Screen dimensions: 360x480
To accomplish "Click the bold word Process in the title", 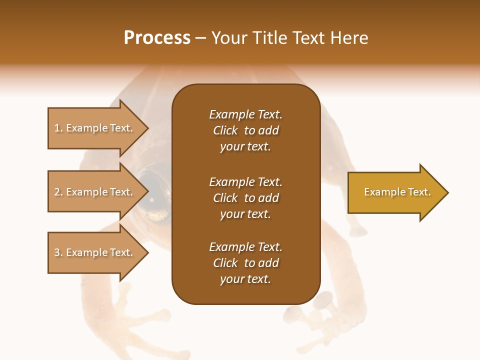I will [x=157, y=38].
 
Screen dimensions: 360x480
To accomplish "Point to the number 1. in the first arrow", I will [x=58, y=128].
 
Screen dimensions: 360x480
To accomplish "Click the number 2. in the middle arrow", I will [x=58, y=192].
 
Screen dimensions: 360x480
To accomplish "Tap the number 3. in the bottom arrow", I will [x=58, y=252].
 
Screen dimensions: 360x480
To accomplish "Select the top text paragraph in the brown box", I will [x=245, y=130].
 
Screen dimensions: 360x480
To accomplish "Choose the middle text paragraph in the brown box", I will [x=245, y=198].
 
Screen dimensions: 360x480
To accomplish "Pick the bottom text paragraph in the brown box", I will [x=245, y=263].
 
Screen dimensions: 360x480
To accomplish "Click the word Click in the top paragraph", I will [x=225, y=131].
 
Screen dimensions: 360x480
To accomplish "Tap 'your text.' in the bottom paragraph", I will [x=245, y=279].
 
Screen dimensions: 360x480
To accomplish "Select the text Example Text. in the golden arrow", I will [x=397, y=192].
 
